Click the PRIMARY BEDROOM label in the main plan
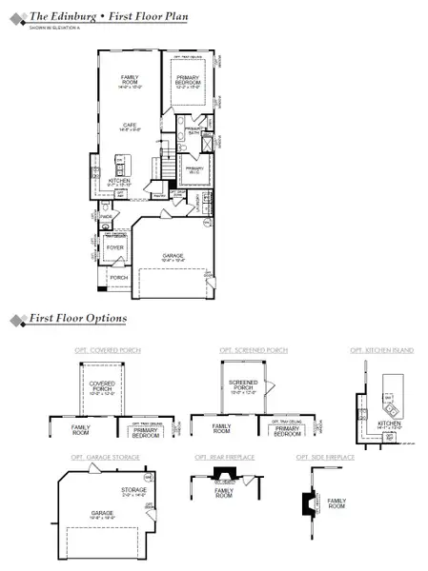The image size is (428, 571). [x=189, y=82]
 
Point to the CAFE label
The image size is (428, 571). [x=130, y=126]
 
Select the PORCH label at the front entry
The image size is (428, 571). [x=118, y=278]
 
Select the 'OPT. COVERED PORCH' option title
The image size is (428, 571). [x=108, y=350]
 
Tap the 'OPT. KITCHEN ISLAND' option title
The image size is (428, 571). [x=381, y=350]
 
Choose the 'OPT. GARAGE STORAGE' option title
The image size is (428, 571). [x=105, y=457]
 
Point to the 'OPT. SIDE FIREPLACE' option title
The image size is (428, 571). [x=325, y=457]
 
